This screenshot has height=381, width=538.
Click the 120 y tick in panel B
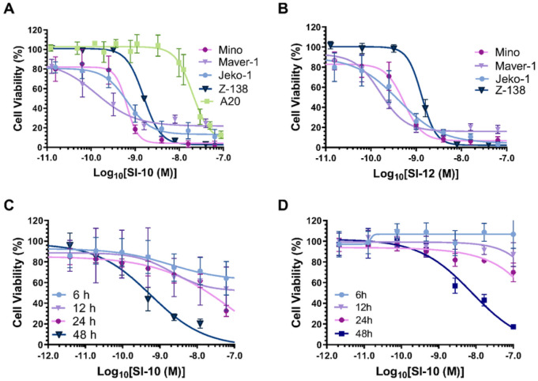310,27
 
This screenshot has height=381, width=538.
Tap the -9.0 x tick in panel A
134,158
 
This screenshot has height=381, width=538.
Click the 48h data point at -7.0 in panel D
513,327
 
